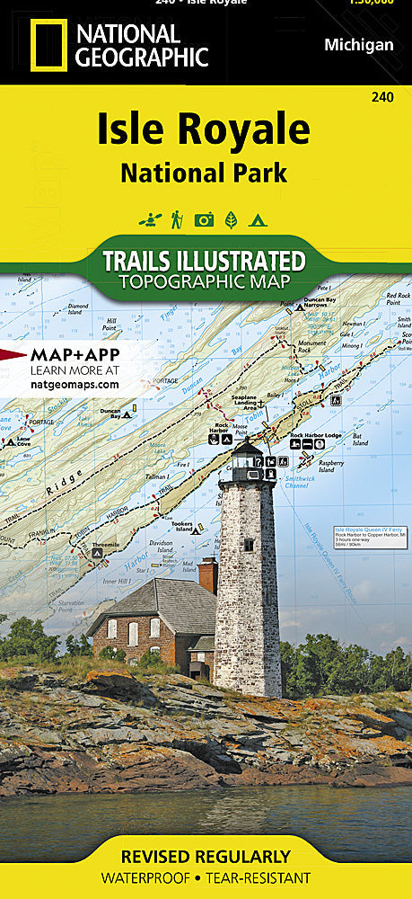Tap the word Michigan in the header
[358, 45]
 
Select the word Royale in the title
[255, 131]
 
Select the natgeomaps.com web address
[75, 384]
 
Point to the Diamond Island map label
[80, 309]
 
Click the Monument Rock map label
[312, 346]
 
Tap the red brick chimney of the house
[208, 574]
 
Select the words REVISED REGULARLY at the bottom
[206, 857]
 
